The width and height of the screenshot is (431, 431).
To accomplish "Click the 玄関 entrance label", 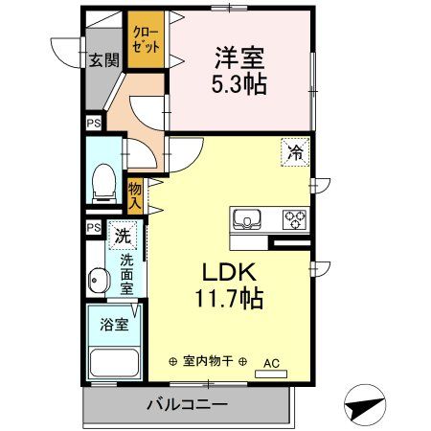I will click(x=103, y=60).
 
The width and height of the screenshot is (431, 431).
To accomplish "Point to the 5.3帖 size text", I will click(x=238, y=84).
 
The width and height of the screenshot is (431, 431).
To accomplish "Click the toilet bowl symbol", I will click(x=102, y=184).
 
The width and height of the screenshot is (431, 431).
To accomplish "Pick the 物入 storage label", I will click(x=136, y=195).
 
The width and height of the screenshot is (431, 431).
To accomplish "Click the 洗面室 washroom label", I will click(x=126, y=273).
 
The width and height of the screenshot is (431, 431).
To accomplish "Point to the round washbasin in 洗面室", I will click(x=97, y=282).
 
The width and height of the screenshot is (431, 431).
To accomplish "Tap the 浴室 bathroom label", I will click(x=114, y=324).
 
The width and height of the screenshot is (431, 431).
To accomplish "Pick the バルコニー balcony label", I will click(x=187, y=405).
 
